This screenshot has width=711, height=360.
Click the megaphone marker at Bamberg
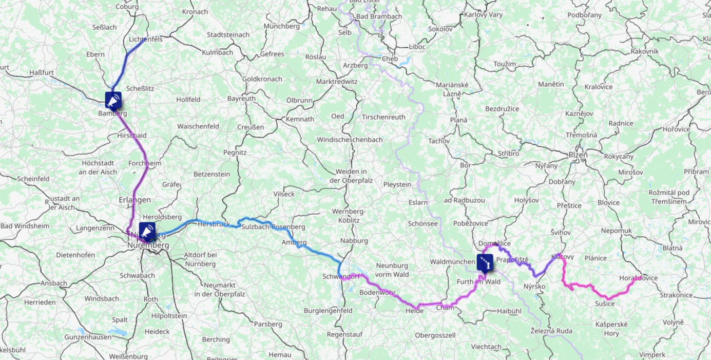pos(113,100)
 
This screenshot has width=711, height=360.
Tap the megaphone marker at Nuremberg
pos(147,231)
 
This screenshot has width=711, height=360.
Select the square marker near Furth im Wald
pos(485,262)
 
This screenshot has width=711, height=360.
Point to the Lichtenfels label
pos(146,39)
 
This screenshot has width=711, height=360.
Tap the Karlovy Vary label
pos(483,14)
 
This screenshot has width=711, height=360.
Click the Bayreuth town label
pos(241,98)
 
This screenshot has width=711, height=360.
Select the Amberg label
pos(294,242)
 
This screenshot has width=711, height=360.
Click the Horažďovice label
pos(638,278)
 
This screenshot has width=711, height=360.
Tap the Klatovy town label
pos(562,256)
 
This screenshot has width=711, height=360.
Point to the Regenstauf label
pos(344,334)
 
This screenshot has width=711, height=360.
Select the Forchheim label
pos(145,163)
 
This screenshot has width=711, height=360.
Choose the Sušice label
pos(605,304)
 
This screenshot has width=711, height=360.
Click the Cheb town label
pos(390,59)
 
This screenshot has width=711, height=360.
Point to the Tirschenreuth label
pos(383,117)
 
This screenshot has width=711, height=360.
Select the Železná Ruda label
pos(551,331)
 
